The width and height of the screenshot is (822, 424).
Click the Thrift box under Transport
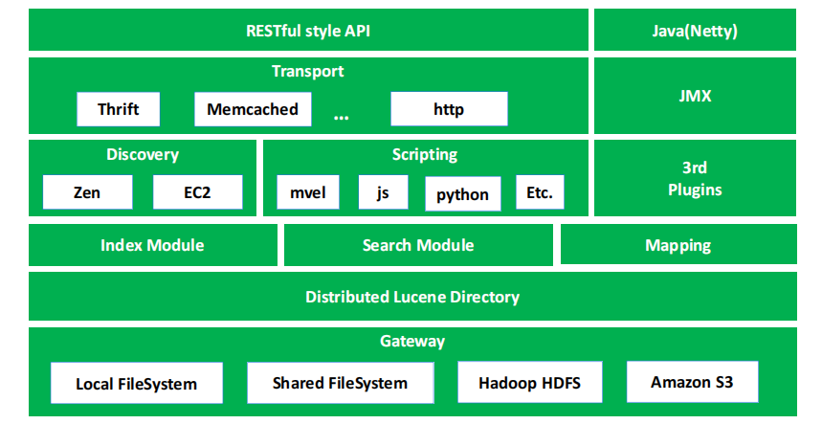click(x=118, y=109)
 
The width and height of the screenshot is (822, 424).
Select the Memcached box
click(x=253, y=109)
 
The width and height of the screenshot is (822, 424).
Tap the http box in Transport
click(x=449, y=109)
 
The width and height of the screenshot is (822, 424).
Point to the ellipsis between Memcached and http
click(x=342, y=118)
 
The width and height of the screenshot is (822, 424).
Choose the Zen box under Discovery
click(x=87, y=192)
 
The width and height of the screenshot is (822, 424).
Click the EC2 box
click(x=198, y=192)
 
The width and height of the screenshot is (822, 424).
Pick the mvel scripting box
click(x=308, y=192)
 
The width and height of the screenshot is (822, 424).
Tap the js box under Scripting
click(x=383, y=192)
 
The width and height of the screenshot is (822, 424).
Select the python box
click(x=462, y=194)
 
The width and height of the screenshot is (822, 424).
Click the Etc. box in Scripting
click(x=540, y=192)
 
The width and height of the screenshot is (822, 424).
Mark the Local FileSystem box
click(x=136, y=383)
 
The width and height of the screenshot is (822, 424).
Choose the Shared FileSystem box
click(x=341, y=383)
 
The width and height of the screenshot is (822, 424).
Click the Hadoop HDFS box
click(x=529, y=382)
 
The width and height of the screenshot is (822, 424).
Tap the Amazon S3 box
click(x=692, y=382)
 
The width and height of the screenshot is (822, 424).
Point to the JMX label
click(x=695, y=96)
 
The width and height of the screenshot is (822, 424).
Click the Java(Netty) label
click(x=695, y=31)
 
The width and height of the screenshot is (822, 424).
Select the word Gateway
click(x=412, y=341)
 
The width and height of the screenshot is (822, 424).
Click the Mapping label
click(x=678, y=245)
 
